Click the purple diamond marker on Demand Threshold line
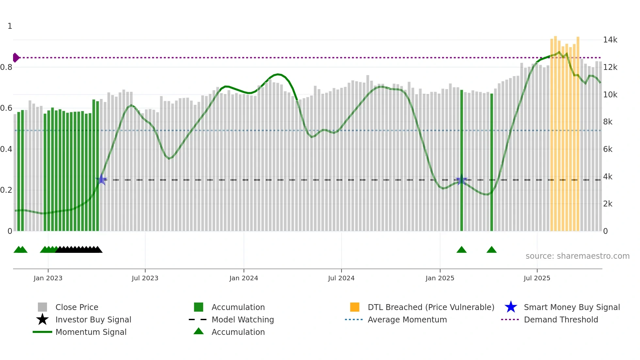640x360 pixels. coord(16,57)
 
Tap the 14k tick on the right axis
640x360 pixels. coord(610,40)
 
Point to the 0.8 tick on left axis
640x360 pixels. coord(7,67)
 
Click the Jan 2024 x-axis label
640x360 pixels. coord(244,278)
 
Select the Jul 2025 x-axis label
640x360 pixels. coord(537,278)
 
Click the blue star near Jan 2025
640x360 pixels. coord(461,180)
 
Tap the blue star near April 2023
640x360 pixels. coord(101,180)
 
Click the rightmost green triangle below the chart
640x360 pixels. coord(491,250)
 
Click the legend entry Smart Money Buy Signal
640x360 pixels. coord(571,307)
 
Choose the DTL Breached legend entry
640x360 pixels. coord(430,307)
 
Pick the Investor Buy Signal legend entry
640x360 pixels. coord(93,319)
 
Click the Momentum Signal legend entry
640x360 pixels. coord(91,332)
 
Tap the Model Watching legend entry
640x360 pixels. coord(242,319)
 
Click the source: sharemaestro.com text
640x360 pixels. coord(577,256)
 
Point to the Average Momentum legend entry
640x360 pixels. coord(407,319)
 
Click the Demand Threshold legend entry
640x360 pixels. coord(561,319)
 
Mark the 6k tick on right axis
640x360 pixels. coord(608,149)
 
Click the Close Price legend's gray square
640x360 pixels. coord(42,307)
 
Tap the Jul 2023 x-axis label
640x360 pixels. coord(145,278)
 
